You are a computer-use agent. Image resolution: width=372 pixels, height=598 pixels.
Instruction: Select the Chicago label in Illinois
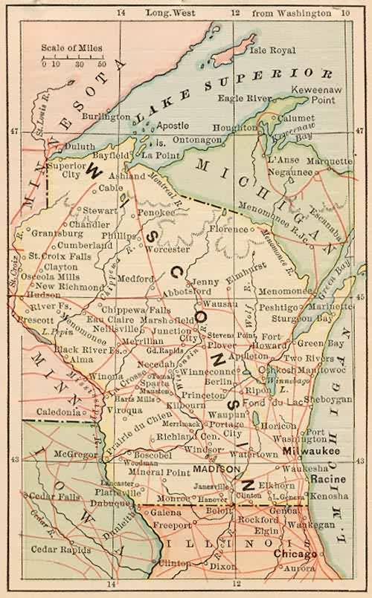click(295, 554)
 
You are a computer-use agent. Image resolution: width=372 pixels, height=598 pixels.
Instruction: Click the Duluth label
click(80, 147)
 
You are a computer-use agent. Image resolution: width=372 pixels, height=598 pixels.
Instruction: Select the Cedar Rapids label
click(57, 550)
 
